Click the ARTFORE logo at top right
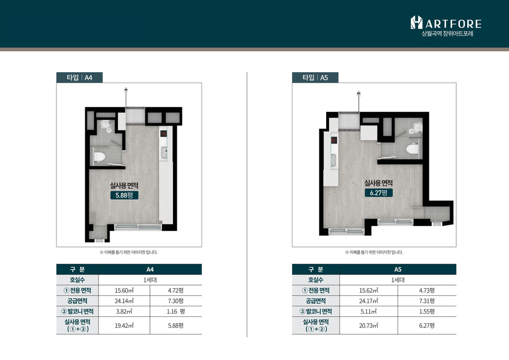click(x=446, y=26)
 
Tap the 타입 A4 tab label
click(x=80, y=78)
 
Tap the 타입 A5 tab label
click(x=315, y=78)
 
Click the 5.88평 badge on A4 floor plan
click(x=124, y=195)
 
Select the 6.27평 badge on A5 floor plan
click(x=379, y=193)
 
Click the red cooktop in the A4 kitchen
click(x=164, y=133)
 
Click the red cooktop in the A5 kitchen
click(x=334, y=140)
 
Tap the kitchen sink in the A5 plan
click(x=333, y=159)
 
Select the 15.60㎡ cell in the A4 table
click(x=124, y=291)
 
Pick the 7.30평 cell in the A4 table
click(x=176, y=301)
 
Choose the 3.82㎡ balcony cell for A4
click(x=124, y=311)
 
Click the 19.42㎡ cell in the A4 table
click(x=124, y=326)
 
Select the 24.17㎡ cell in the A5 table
click(x=368, y=301)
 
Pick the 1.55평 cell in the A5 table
click(x=427, y=311)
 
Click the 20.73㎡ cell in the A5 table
click(x=368, y=326)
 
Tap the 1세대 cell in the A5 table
click(x=397, y=280)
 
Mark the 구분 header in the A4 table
click(x=78, y=269)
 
